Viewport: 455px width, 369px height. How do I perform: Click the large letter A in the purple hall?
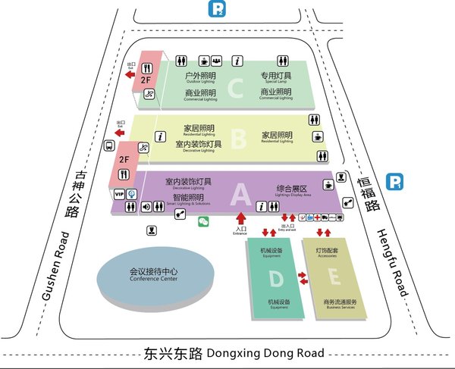click(240, 195)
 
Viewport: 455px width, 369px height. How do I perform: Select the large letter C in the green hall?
click(236, 89)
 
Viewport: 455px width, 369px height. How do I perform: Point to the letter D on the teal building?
click(276, 279)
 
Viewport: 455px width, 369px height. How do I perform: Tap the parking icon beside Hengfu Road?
click(395, 182)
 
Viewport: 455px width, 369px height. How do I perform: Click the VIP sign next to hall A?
click(119, 195)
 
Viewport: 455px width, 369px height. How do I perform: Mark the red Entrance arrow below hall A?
click(242, 220)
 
